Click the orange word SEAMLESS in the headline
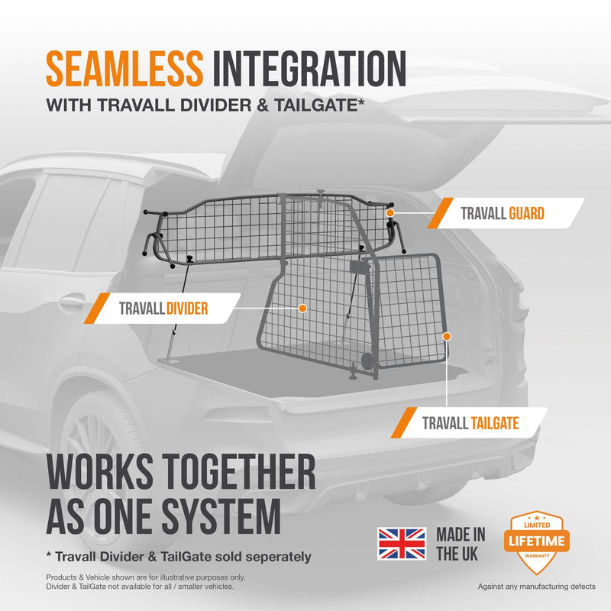coord(124,69)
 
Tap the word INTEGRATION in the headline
coord(309,69)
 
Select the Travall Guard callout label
coord(506,213)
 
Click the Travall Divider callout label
coord(163,309)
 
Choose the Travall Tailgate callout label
coord(469,423)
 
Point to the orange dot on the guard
coord(390,213)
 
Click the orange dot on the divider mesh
coord(302,309)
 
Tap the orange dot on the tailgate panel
coord(447,336)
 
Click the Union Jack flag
coord(402,544)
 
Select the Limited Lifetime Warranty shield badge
coord(537,541)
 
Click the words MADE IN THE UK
coord(461,544)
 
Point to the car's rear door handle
coord(71,301)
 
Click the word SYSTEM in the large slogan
coord(221,516)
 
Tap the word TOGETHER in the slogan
coord(239,471)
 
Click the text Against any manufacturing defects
coord(537,587)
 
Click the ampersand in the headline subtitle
coord(263,105)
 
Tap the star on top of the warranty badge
coord(537,518)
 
